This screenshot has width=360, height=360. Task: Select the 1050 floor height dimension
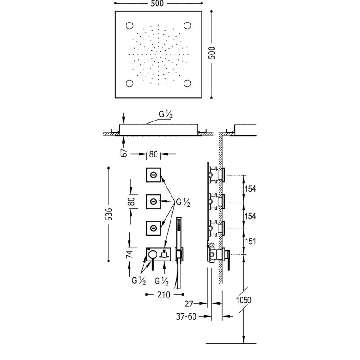(243, 300)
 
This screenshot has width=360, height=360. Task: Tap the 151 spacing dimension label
(250, 242)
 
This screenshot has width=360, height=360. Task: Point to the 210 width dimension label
(164, 294)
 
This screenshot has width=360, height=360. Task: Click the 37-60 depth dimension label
(186, 316)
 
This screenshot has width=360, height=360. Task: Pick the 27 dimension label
(189, 303)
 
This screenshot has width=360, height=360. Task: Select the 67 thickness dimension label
(124, 153)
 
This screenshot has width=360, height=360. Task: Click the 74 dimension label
(130, 254)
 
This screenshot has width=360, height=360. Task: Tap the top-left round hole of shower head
(130, 26)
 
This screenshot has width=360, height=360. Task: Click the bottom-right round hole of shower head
(188, 83)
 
